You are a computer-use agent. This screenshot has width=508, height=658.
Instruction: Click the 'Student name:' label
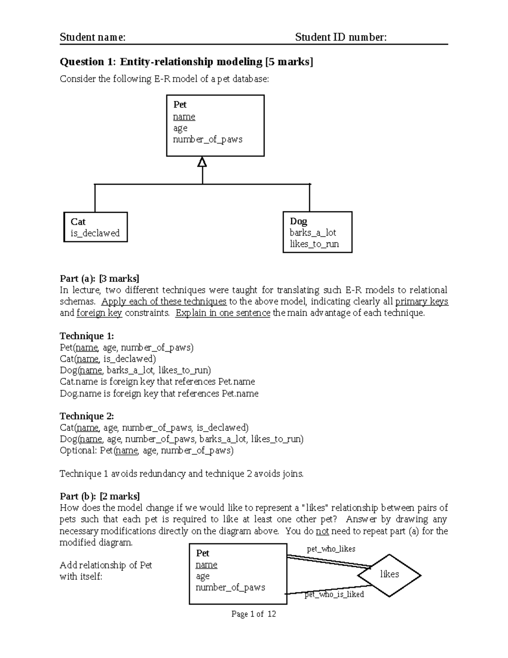pyautogui.click(x=92, y=37)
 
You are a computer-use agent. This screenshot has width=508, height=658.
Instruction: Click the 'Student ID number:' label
pyautogui.click(x=341, y=37)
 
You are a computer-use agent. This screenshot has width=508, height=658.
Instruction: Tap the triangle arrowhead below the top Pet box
pyautogui.click(x=202, y=162)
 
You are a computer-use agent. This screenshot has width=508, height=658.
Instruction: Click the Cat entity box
pyautogui.click(x=95, y=227)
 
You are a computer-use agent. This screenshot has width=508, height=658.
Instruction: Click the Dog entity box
pyautogui.click(x=317, y=232)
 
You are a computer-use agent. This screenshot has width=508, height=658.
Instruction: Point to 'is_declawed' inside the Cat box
pyautogui.click(x=95, y=233)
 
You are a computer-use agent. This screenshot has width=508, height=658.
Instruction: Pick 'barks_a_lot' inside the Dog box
pyautogui.click(x=313, y=233)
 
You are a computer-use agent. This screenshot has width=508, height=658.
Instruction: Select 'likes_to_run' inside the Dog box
pyautogui.click(x=314, y=244)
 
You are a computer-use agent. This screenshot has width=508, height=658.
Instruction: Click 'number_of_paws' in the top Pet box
pyautogui.click(x=207, y=139)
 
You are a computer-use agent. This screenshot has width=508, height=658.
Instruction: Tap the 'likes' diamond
pyautogui.click(x=389, y=575)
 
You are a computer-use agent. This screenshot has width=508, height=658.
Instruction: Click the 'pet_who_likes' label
pyautogui.click(x=331, y=549)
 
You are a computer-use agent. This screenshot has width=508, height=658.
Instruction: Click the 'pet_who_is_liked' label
pyautogui.click(x=334, y=594)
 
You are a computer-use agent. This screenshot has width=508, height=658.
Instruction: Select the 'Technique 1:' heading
pyautogui.click(x=87, y=336)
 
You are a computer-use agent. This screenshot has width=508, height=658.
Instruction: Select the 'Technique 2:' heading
pyautogui.click(x=87, y=416)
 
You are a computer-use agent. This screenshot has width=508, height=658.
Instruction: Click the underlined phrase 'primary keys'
pyautogui.click(x=421, y=302)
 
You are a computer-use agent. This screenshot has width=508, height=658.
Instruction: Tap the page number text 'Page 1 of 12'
pyautogui.click(x=254, y=614)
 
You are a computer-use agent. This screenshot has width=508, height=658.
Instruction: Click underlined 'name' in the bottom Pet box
pyautogui.click(x=206, y=565)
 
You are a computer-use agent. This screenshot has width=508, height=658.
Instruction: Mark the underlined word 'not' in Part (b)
pyautogui.click(x=322, y=531)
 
